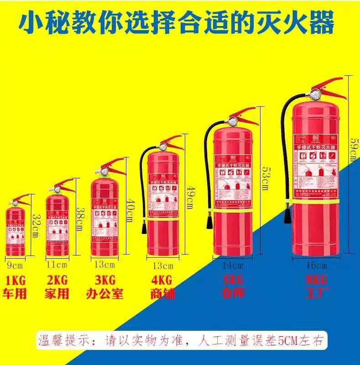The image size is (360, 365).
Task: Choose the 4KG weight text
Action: click(x=162, y=279)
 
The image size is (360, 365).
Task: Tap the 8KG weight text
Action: click(x=317, y=279)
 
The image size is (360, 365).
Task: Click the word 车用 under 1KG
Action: click(x=16, y=293)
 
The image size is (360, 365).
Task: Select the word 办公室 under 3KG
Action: click(x=104, y=293)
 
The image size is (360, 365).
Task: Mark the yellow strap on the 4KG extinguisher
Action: click(x=162, y=220)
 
